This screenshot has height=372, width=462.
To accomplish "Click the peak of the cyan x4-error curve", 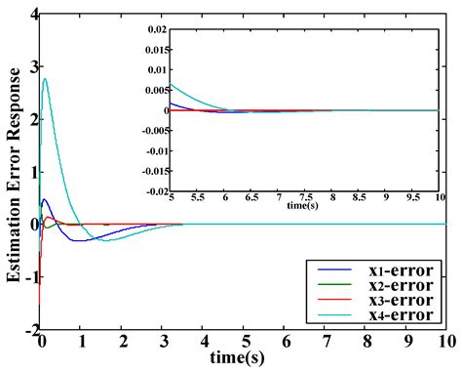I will click(x=45, y=79).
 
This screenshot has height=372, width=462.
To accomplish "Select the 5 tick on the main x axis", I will click(x=243, y=344).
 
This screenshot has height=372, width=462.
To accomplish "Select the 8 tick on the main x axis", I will click(x=365, y=344).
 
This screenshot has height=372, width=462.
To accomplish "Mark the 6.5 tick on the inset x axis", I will click(x=251, y=197).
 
